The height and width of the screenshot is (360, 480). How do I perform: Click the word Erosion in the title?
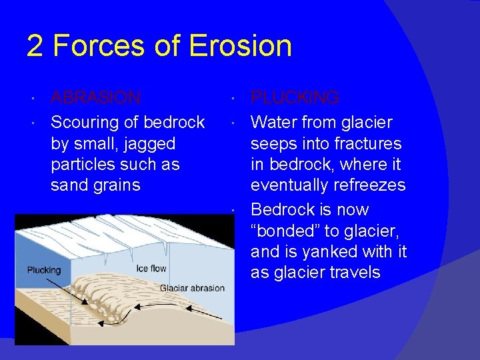click(x=241, y=46)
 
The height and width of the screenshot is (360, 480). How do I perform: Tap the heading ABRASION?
click(x=96, y=98)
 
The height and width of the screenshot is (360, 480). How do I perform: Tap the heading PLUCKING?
click(x=295, y=98)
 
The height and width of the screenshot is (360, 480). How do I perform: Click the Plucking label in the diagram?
click(x=43, y=270)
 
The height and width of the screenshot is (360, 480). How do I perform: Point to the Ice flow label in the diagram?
click(x=151, y=269)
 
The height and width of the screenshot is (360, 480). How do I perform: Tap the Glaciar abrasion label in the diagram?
click(x=192, y=288)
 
